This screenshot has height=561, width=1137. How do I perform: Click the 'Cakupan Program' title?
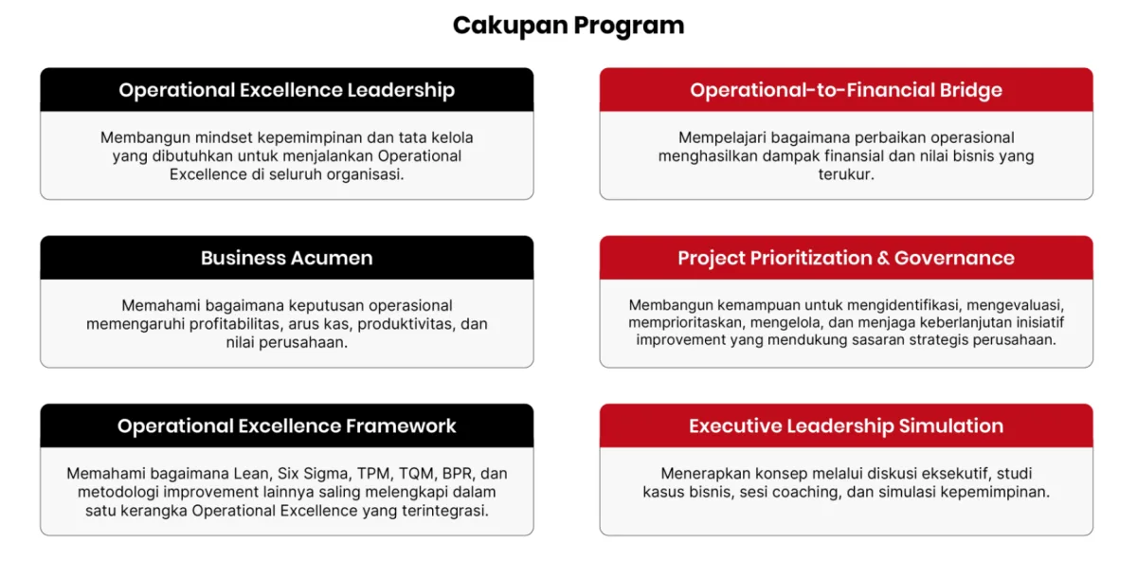(x=568, y=26)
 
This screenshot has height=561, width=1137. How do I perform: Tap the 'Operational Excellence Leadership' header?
(x=287, y=90)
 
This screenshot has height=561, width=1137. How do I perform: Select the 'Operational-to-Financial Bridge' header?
(x=846, y=90)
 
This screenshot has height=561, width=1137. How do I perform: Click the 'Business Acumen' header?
(x=287, y=258)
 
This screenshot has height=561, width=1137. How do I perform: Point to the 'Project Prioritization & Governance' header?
(x=846, y=258)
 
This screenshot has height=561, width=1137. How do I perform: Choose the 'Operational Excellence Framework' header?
(x=287, y=425)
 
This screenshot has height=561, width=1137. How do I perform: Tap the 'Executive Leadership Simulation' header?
(x=846, y=425)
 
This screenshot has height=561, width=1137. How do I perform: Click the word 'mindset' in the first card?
(x=224, y=137)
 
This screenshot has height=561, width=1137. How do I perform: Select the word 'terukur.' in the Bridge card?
(x=846, y=174)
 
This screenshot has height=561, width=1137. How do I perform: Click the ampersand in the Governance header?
(x=883, y=258)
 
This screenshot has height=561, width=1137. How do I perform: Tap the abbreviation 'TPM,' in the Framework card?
(x=375, y=474)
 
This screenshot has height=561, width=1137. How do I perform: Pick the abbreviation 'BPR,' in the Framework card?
(x=459, y=474)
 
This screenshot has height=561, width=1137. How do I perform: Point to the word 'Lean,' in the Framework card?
(x=252, y=474)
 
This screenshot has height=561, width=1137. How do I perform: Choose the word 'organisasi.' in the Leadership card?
(x=366, y=175)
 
